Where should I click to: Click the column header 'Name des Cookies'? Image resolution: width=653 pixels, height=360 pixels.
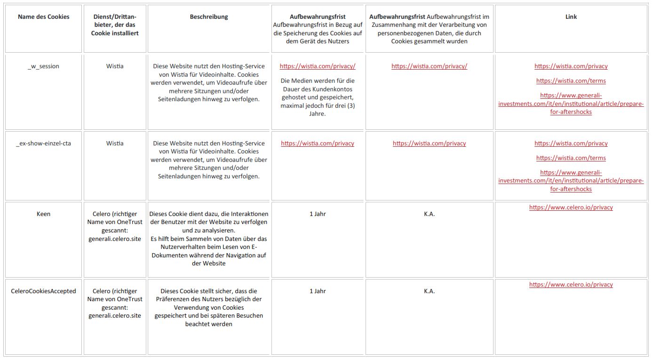[x=43, y=17]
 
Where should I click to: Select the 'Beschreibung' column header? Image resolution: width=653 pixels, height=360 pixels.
[x=209, y=17]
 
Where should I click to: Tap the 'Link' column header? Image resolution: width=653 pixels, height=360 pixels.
[x=571, y=17]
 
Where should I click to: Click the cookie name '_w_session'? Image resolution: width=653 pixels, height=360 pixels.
[x=43, y=66]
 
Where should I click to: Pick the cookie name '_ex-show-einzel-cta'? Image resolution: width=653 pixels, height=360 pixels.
[x=43, y=144]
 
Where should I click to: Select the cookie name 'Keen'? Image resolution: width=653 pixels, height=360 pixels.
[x=43, y=214]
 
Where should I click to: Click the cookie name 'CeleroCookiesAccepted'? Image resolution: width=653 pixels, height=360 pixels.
[x=43, y=291]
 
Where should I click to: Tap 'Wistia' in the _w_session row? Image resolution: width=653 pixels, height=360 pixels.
[x=115, y=66]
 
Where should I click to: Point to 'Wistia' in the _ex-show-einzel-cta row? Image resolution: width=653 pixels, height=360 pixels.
[x=115, y=144]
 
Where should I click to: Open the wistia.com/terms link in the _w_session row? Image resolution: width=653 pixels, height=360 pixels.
[x=571, y=81]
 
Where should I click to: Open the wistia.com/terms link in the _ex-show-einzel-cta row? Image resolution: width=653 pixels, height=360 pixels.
[x=571, y=158]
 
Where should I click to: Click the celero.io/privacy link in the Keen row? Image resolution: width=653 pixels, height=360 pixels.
[x=571, y=208]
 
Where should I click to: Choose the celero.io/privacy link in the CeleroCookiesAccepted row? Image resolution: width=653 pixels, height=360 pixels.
[x=571, y=285]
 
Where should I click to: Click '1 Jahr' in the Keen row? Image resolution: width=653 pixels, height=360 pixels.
[x=318, y=214]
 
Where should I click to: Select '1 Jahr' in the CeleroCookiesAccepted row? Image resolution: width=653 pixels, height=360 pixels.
[x=318, y=291]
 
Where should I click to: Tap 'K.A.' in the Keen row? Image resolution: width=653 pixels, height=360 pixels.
[x=429, y=214]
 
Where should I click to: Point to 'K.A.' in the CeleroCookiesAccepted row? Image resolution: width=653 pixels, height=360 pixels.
[x=429, y=291]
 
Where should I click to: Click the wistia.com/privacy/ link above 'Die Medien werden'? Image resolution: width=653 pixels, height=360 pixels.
[x=318, y=66]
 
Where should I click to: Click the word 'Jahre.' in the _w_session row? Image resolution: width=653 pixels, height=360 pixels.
[x=318, y=114]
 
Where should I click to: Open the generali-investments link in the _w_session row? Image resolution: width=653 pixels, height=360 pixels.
[x=571, y=104]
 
